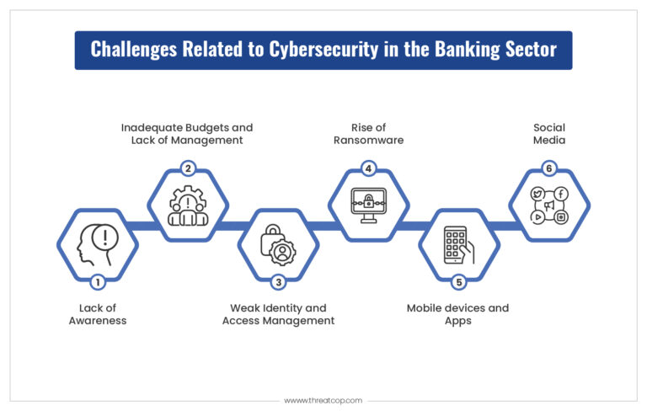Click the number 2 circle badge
pos(188,168)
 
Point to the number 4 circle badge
pos(368,168)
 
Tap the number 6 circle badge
pos(549,168)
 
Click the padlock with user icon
pos(278,243)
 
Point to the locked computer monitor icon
pos(368,205)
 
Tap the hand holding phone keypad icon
pos(459,244)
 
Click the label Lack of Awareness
pos(98,314)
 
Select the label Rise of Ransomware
pos(368,134)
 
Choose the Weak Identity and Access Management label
pos(278,314)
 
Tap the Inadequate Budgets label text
pos(187,134)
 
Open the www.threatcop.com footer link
pos(323,401)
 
